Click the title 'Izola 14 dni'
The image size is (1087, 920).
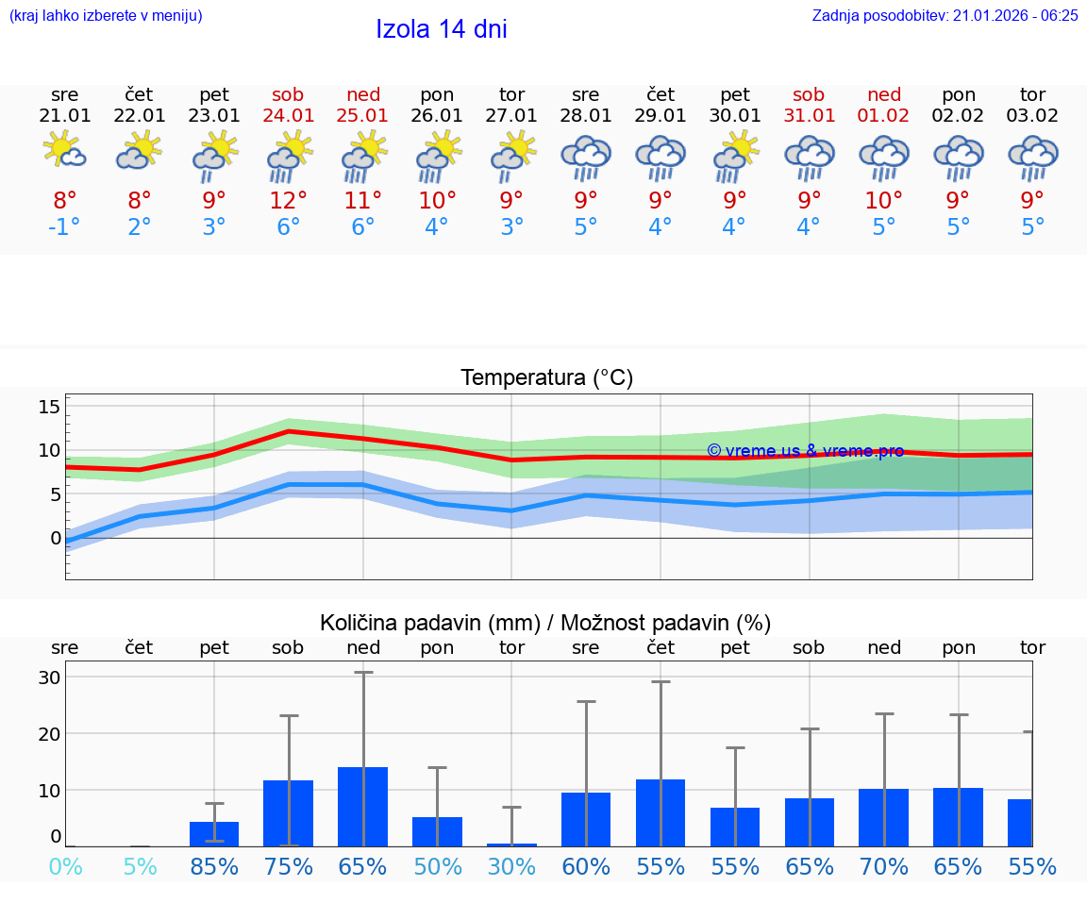[442, 29]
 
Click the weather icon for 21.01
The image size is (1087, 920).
[65, 151]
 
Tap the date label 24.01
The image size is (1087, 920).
[289, 116]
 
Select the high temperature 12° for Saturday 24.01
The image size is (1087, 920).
[289, 201]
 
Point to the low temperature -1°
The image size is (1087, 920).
[65, 227]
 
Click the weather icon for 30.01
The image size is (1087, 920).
[735, 157]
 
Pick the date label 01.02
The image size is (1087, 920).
[884, 116]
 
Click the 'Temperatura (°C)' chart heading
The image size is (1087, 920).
[546, 378]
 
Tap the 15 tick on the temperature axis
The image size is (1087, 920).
[49, 407]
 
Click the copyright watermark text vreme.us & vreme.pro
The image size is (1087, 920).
[805, 451]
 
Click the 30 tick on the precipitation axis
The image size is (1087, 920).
[49, 677]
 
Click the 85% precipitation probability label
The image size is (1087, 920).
[214, 866]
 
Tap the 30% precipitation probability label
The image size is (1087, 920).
[511, 866]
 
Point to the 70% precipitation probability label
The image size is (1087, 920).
[884, 866]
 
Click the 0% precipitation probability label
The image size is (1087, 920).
[65, 866]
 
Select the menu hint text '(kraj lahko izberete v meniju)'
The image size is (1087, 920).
[106, 15]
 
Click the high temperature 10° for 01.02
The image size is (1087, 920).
[884, 201]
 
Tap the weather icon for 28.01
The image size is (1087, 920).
[586, 157]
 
